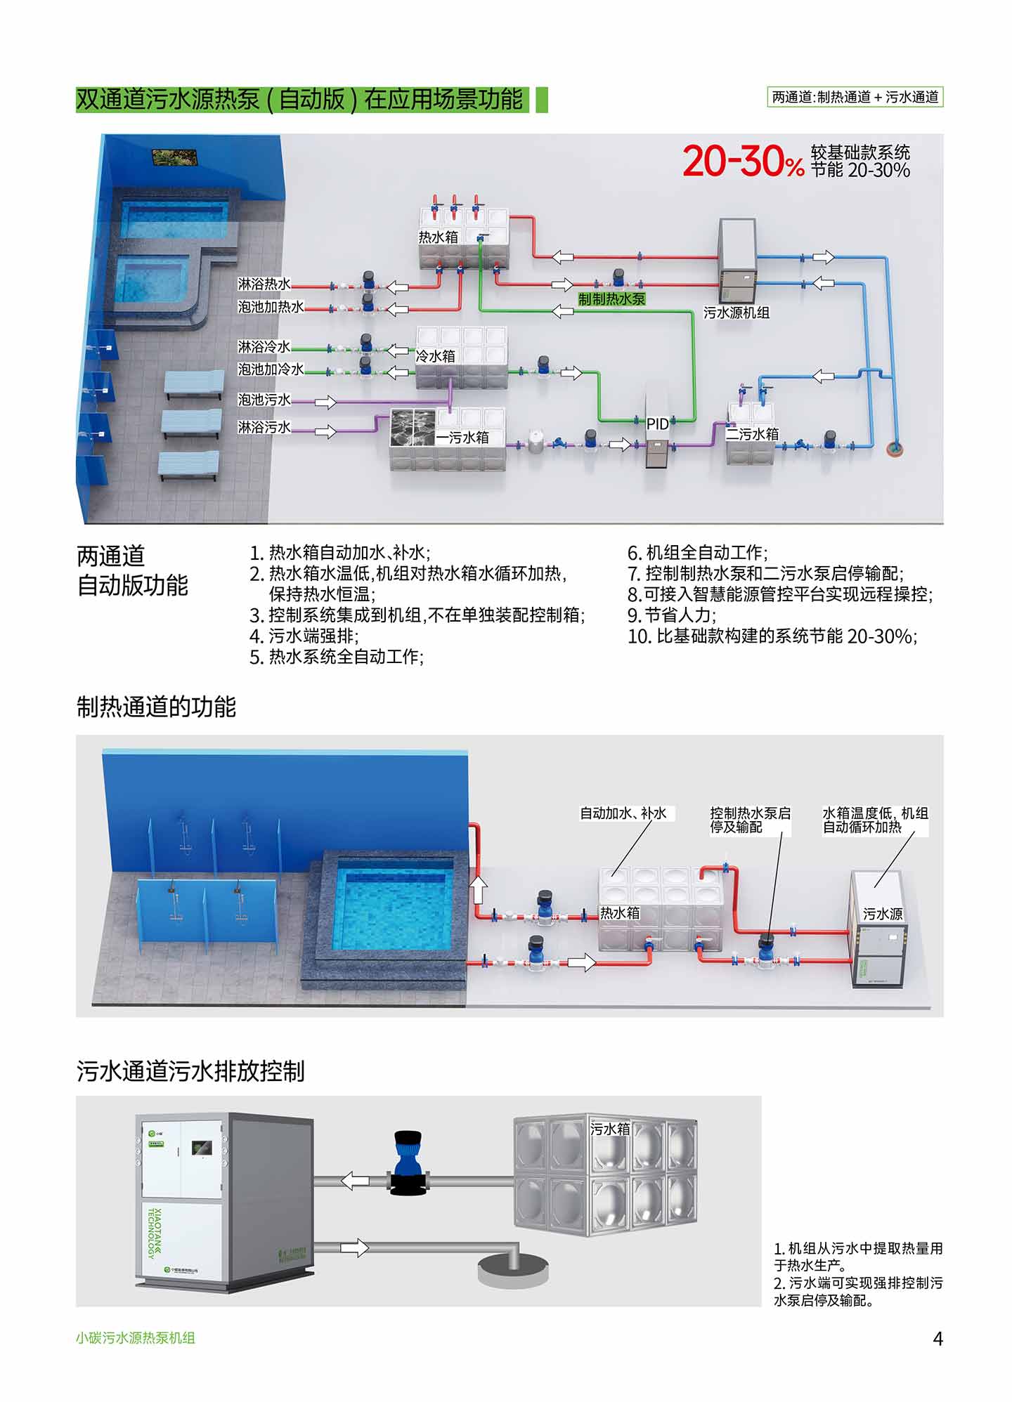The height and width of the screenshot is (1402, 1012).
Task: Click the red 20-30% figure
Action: [743, 162]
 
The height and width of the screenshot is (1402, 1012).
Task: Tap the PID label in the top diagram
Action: [658, 424]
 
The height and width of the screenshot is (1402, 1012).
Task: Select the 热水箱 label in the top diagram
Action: [439, 237]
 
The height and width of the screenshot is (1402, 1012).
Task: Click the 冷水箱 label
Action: [436, 356]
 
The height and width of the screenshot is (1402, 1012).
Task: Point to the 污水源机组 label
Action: [737, 313]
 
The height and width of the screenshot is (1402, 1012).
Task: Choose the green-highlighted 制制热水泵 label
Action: [611, 299]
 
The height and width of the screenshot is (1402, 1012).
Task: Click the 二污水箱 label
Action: [753, 434]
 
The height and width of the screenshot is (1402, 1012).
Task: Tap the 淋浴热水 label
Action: [264, 284]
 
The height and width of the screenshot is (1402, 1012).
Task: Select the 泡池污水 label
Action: [264, 400]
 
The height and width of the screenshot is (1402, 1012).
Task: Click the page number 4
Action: [938, 1338]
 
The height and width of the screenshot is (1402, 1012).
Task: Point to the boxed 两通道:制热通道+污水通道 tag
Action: [855, 97]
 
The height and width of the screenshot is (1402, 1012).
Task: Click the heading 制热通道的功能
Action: [156, 707]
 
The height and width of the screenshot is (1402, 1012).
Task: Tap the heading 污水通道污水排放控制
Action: [190, 1071]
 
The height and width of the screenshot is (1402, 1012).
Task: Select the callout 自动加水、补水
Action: [623, 813]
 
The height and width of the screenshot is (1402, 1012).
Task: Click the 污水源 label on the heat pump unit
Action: [883, 914]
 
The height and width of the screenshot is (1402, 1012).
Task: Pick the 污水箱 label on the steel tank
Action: [610, 1129]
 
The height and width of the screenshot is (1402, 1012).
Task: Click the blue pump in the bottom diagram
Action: [408, 1161]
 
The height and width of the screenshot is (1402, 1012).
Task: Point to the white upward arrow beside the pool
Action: [478, 890]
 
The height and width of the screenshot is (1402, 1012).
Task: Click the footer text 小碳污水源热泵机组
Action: [136, 1338]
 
